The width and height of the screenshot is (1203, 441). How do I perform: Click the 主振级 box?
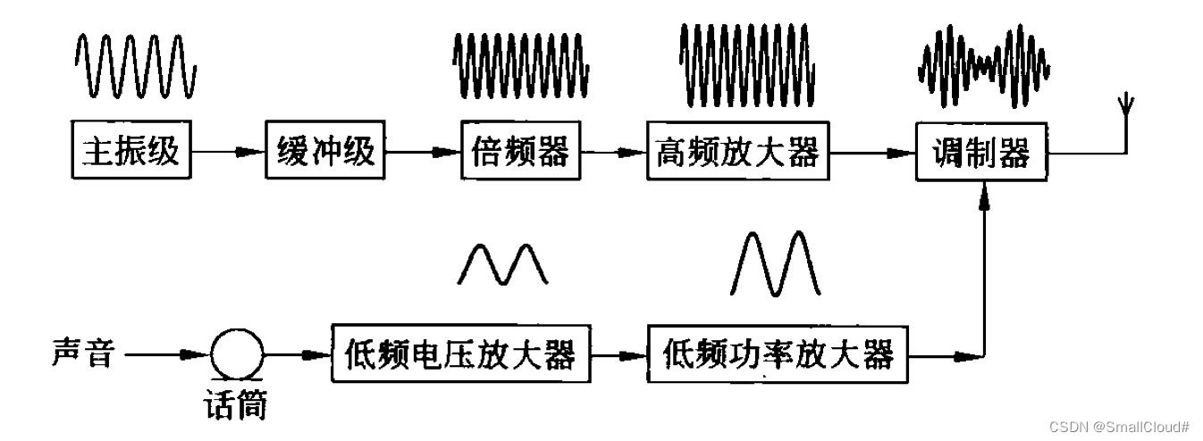click(131, 153)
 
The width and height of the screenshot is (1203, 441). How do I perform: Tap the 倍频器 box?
click(520, 153)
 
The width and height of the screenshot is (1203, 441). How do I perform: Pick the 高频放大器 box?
click(737, 153)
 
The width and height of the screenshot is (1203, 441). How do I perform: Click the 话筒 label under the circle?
click(234, 405)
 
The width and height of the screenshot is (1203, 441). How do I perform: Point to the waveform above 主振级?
click(134, 67)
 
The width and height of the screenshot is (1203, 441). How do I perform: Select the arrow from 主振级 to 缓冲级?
click(228, 154)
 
